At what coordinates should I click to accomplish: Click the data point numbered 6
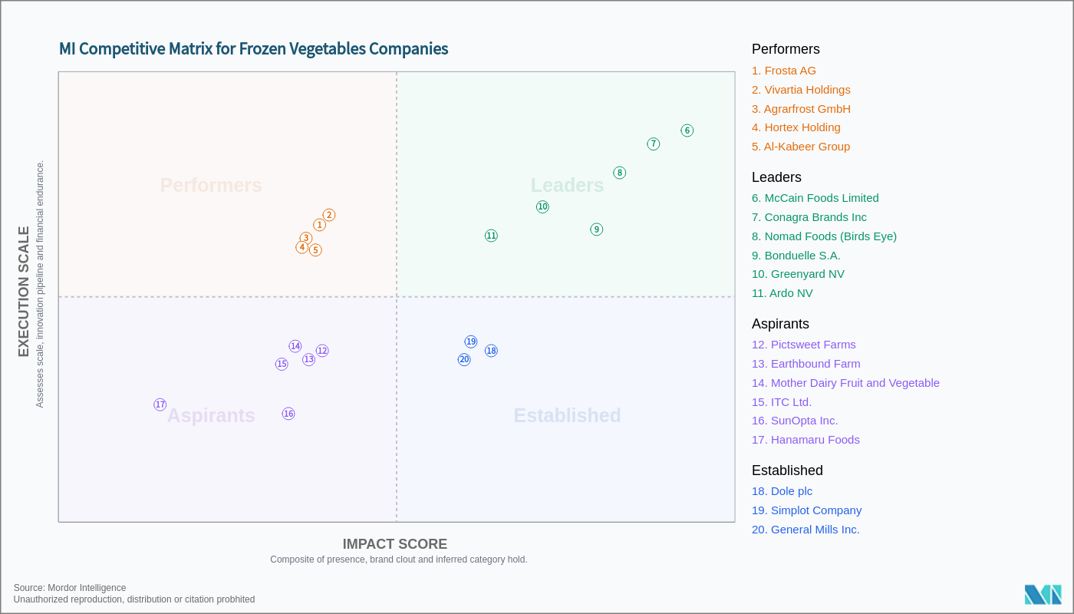click(x=687, y=130)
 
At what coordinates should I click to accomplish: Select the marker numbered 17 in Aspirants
click(x=160, y=404)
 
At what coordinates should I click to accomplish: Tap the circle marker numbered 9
click(x=597, y=229)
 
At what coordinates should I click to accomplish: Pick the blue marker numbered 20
click(x=464, y=359)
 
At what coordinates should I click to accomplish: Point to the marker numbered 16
click(x=288, y=414)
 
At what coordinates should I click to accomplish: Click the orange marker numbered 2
click(x=329, y=215)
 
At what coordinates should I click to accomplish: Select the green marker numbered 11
click(x=491, y=236)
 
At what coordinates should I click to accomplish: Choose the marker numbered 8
click(x=620, y=173)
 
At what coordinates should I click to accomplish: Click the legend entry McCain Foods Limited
click(x=815, y=198)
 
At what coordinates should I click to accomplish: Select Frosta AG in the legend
click(x=783, y=71)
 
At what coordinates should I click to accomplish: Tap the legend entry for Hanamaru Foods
click(x=805, y=440)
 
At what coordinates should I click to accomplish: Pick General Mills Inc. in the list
click(x=805, y=530)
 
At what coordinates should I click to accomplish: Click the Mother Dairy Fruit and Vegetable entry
click(x=845, y=383)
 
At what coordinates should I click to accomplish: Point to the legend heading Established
click(x=787, y=470)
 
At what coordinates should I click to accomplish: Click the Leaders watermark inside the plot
click(x=567, y=186)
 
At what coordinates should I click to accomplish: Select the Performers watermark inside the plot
click(x=211, y=186)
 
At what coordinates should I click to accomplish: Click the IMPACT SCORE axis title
click(x=394, y=544)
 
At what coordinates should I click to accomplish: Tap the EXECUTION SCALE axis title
click(x=24, y=292)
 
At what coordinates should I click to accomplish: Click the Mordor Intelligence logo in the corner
click(x=1043, y=595)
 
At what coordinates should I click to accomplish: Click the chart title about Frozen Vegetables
click(x=253, y=49)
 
